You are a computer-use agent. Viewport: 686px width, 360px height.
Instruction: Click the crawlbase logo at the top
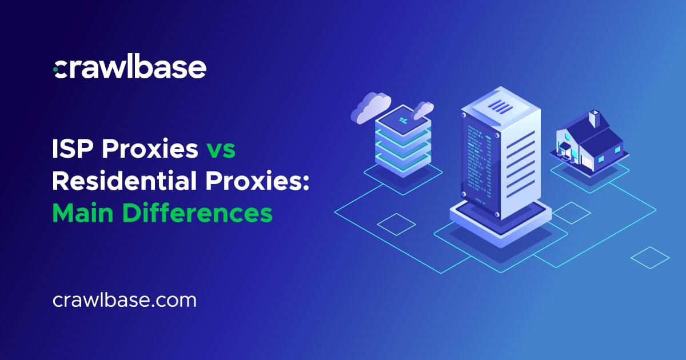point(129,68)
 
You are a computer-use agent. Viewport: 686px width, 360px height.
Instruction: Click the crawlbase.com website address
point(124,301)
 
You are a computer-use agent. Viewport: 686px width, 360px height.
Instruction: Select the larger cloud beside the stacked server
point(370,107)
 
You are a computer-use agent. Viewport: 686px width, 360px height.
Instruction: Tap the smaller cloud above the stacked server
point(424,109)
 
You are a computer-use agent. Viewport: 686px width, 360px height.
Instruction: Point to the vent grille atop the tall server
point(500,106)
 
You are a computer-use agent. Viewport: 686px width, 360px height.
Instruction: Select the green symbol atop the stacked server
point(404,121)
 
